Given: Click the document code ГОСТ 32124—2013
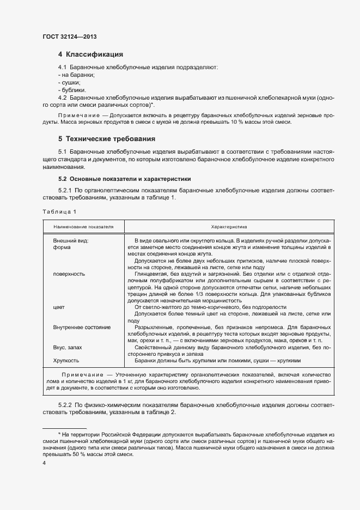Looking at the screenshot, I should click(70, 37).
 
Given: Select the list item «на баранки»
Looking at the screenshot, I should click(77, 75).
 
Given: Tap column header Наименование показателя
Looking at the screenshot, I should click(83, 226).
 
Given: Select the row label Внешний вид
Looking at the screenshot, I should click(71, 240).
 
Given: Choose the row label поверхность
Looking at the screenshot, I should click(69, 274).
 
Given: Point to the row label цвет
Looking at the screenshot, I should click(59, 308).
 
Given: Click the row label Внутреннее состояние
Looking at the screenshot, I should click(82, 327).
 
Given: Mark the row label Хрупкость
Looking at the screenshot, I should click(66, 361).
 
